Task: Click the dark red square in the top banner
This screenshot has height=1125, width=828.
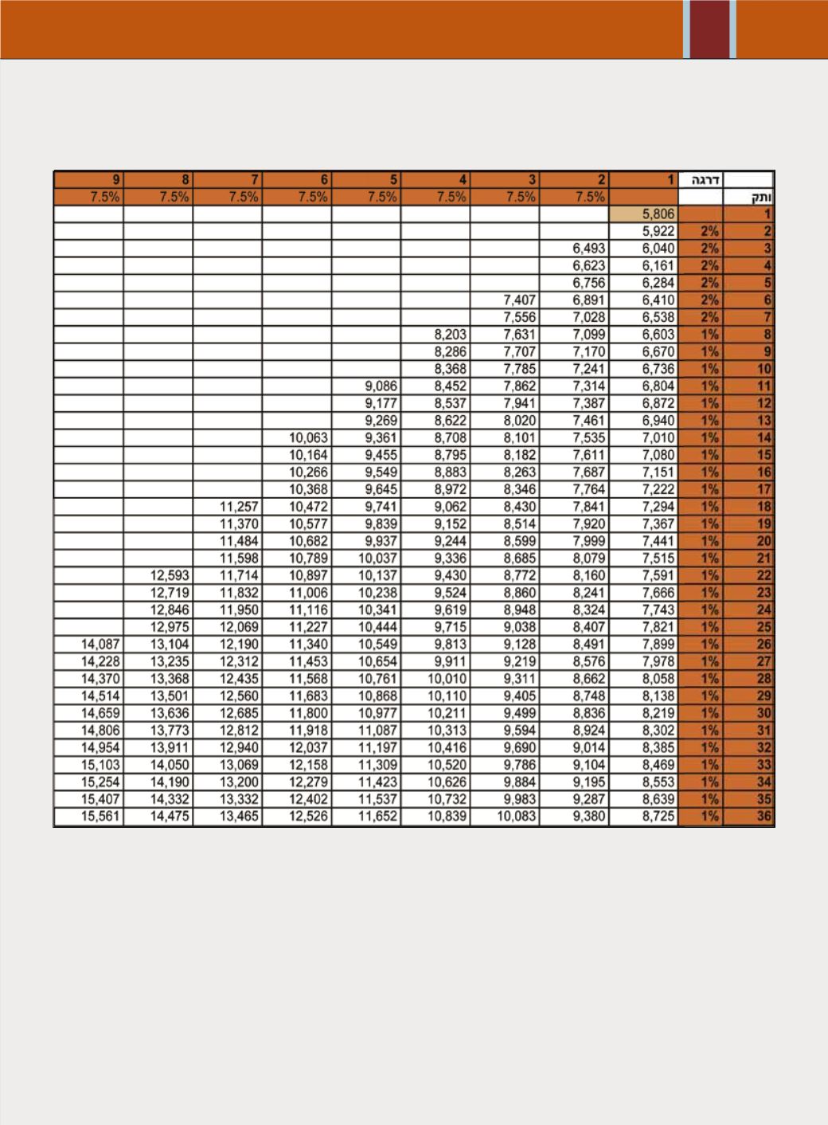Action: (x=709, y=29)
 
